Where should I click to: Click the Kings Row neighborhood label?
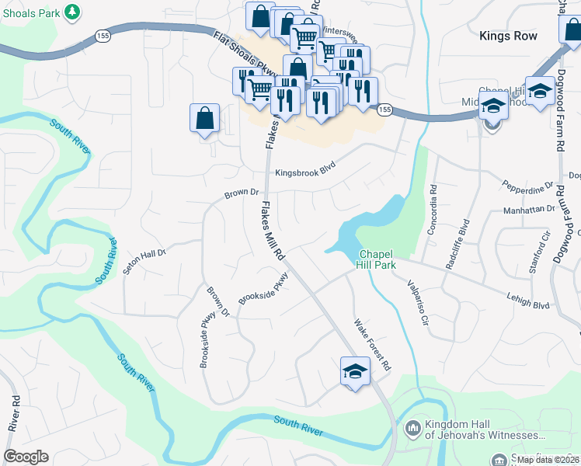508,36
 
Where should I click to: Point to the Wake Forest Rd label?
372,345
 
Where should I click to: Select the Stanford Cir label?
539,252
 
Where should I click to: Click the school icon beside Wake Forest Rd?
354,372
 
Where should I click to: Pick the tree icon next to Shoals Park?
72,12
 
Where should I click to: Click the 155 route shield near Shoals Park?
103,35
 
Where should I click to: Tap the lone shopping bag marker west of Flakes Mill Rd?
204,119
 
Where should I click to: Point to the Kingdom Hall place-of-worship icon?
412,427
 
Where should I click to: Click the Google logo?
26,457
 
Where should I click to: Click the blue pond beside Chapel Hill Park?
365,225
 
